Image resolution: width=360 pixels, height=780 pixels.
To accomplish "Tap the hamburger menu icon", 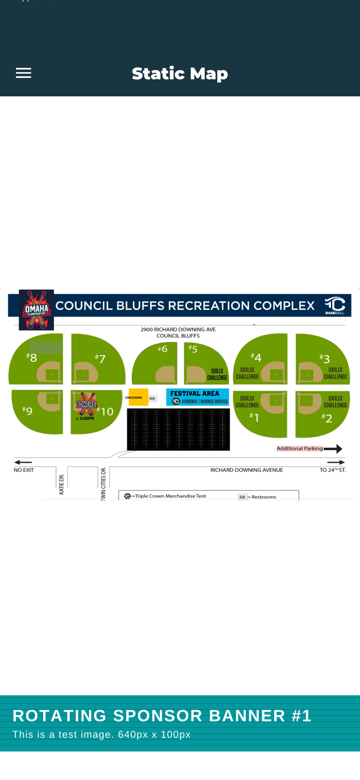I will (x=23, y=73).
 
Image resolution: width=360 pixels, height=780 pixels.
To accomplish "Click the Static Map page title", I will (x=179, y=74).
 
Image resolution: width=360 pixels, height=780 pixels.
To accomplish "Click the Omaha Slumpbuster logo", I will (x=37, y=310).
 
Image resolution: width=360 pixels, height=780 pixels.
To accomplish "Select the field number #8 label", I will (x=32, y=357).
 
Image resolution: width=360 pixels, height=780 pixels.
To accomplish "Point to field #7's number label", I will (x=100, y=358).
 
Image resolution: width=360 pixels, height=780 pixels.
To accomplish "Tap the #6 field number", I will (x=163, y=349).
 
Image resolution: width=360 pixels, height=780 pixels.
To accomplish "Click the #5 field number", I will (x=193, y=349).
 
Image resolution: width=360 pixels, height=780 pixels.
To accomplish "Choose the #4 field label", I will (x=256, y=357).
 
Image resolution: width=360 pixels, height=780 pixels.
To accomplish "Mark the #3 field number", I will (x=325, y=358).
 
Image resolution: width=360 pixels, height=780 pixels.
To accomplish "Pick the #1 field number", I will (x=255, y=416).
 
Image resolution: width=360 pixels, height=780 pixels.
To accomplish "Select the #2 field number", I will (x=327, y=418).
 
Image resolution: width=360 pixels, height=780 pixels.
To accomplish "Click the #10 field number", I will (x=105, y=411).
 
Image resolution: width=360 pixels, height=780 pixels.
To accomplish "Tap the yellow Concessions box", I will (x=138, y=397).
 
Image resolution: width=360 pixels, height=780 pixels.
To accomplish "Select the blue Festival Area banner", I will (x=197, y=397).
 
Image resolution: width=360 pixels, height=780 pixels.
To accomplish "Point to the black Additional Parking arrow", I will (x=333, y=449).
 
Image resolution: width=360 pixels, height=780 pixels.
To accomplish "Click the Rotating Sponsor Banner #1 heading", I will (x=162, y=716).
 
